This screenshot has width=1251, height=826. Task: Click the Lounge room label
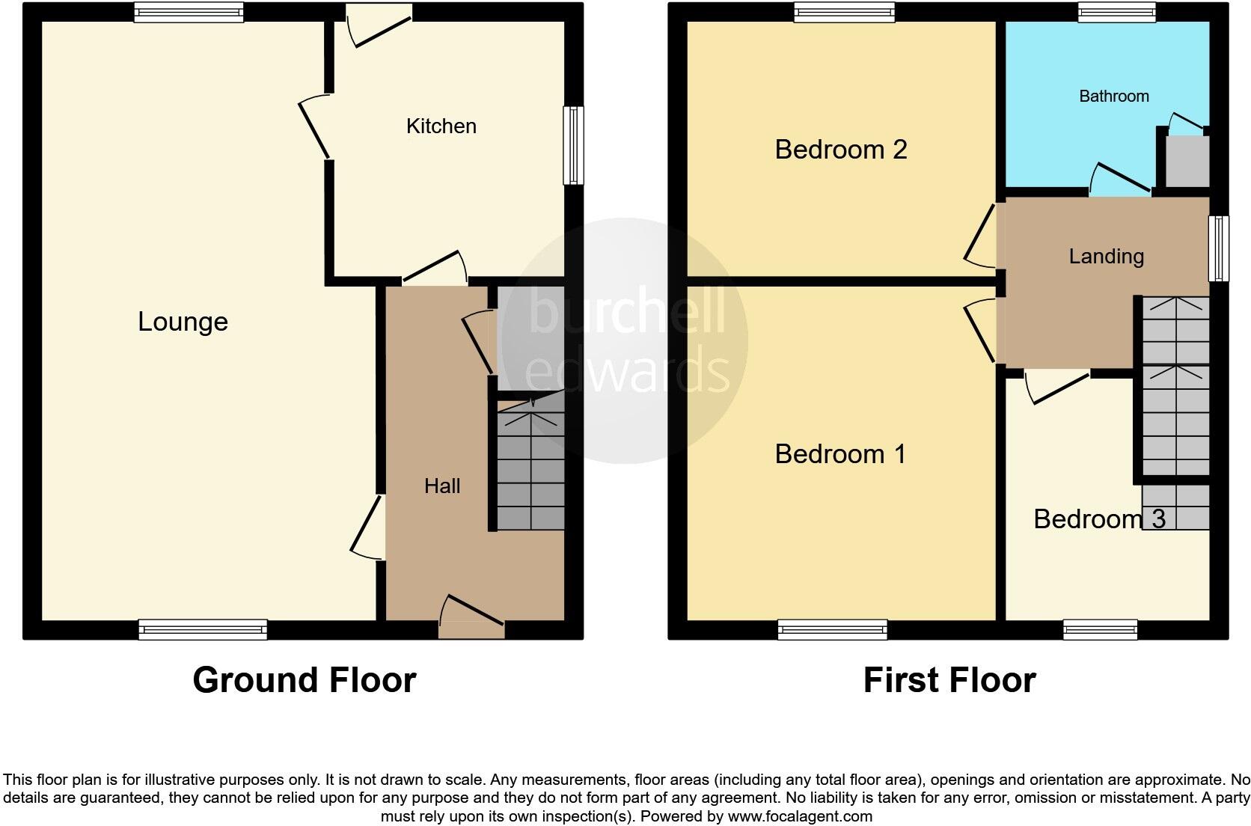point(183,322)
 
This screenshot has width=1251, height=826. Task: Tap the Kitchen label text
point(441,126)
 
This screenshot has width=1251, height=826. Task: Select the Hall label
point(441,486)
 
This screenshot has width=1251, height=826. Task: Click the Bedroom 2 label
point(840,150)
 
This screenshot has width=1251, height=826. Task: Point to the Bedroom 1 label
point(839,454)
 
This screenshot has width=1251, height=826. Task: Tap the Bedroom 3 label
point(1098,519)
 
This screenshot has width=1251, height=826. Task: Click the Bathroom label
point(1113,96)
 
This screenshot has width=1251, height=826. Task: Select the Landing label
point(1106,257)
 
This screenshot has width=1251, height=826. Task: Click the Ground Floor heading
point(304,680)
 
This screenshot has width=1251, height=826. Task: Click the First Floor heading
point(949,680)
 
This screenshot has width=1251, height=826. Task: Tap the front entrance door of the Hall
point(471,617)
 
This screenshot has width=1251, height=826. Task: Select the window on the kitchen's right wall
point(573,145)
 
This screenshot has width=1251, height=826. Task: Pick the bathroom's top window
point(1116,11)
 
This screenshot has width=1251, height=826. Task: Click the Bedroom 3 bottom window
point(1100,630)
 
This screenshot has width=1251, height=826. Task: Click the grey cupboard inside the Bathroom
point(1188,162)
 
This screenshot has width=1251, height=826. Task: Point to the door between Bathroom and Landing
point(1119,180)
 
